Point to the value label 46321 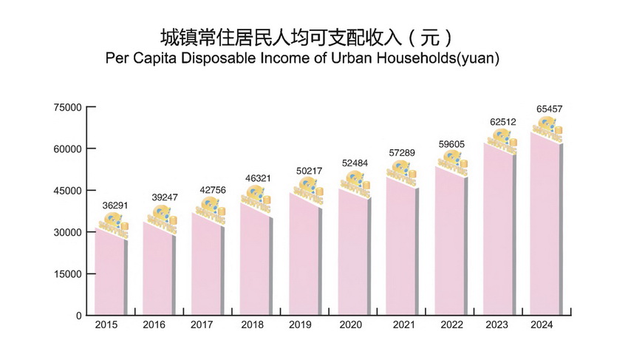pos(257,178)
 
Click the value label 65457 pos(550,109)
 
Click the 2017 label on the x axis pos(202,325)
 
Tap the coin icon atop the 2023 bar pos(502,137)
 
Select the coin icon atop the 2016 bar pos(162,218)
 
